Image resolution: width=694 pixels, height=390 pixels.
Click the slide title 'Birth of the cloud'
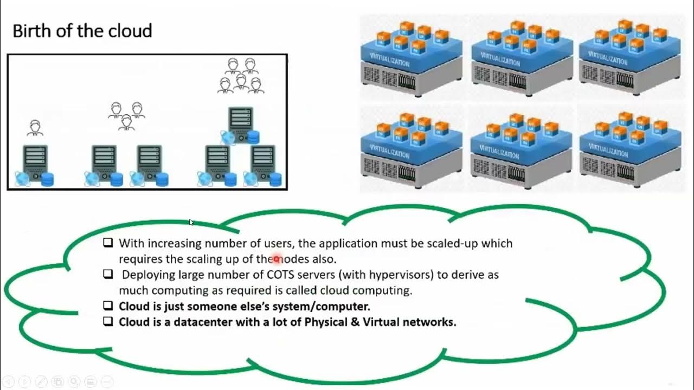click(82, 31)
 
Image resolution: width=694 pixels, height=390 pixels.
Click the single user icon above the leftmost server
click(35, 128)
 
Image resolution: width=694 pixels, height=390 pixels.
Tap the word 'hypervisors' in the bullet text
click(401, 275)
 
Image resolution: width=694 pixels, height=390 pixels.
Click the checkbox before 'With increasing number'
click(108, 243)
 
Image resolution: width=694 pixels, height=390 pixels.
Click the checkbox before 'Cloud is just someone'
click(108, 306)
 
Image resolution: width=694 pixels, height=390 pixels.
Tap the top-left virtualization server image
click(412, 57)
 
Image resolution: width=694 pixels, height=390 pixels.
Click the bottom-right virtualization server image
click(629, 147)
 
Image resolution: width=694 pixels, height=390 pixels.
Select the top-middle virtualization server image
click(522, 57)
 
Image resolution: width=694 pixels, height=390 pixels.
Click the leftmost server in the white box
click(35, 162)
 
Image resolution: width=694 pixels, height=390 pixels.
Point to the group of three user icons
click(126, 115)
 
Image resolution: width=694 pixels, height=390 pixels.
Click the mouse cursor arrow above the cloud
click(191, 222)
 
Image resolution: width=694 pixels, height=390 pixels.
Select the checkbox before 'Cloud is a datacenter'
click(108, 322)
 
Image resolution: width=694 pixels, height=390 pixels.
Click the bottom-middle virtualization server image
click(522, 147)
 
